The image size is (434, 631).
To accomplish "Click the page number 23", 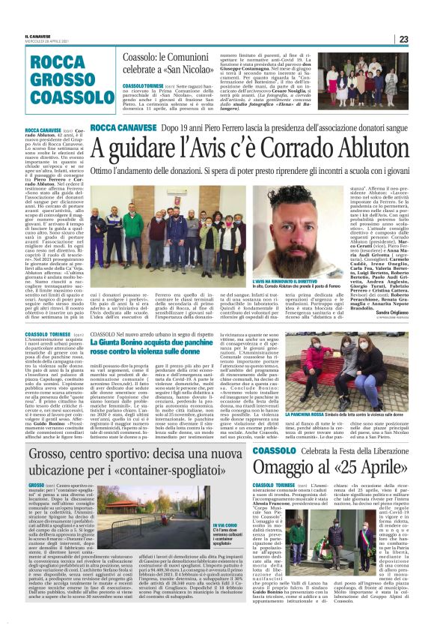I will pos(423,39).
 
